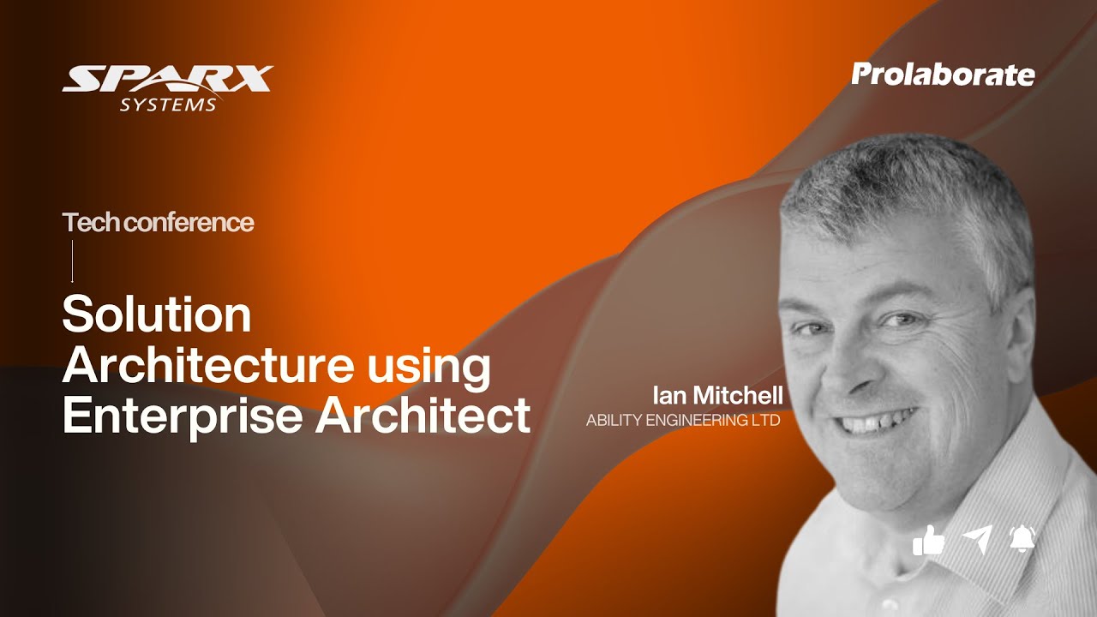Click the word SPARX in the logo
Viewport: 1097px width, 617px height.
coord(167,80)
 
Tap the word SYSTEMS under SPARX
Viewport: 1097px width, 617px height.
coord(168,105)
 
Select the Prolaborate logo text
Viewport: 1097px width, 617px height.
coord(943,75)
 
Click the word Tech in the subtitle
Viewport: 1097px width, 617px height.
coord(90,223)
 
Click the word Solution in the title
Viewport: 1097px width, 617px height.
coord(157,314)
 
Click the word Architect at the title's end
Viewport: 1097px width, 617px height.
coord(423,416)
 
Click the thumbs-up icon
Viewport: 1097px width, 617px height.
coord(928,540)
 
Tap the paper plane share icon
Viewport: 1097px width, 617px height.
coord(976,539)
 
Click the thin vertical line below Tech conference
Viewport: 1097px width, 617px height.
coord(72,261)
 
